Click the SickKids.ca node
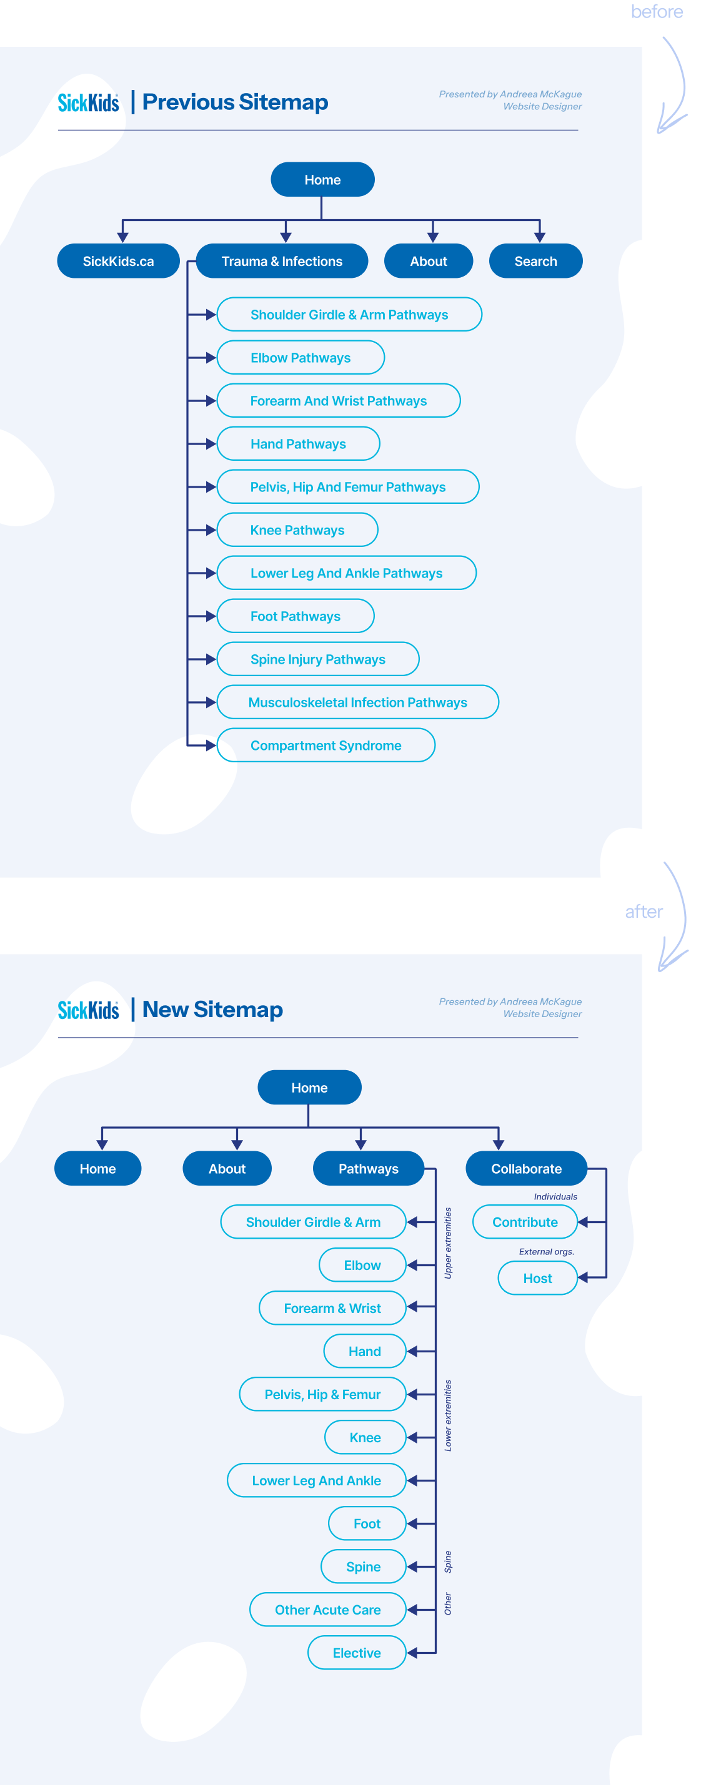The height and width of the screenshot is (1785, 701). click(118, 261)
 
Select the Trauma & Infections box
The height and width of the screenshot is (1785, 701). click(282, 261)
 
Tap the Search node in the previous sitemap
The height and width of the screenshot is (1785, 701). click(535, 261)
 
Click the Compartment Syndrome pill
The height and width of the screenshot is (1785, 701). click(326, 745)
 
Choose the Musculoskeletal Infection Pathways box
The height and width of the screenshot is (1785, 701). click(357, 702)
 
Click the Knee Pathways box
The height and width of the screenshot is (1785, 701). click(297, 530)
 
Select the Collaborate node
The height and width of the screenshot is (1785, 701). click(526, 1169)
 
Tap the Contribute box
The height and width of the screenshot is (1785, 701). click(525, 1222)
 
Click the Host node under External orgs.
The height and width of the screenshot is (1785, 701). click(537, 1279)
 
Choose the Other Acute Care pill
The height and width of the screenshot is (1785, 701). click(327, 1610)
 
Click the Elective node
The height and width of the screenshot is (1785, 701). click(356, 1653)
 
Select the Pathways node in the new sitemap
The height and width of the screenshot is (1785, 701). click(368, 1169)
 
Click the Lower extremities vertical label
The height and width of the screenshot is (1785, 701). click(448, 1415)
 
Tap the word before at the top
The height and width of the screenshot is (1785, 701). click(657, 12)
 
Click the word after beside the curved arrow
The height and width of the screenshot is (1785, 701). click(644, 912)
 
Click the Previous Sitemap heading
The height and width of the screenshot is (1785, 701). click(235, 102)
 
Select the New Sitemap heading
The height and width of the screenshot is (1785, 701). click(212, 1010)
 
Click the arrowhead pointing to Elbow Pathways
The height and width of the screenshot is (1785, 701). click(210, 358)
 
